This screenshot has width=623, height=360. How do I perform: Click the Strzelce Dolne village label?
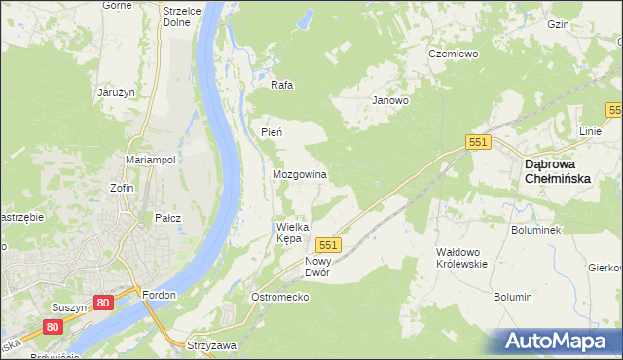pyautogui.click(x=182, y=17)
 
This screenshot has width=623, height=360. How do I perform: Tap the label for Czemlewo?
pyautogui.click(x=454, y=54)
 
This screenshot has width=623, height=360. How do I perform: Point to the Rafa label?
pyautogui.click(x=282, y=85)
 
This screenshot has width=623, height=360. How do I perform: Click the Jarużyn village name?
pyautogui.click(x=114, y=92)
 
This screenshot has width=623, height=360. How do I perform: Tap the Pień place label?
pyautogui.click(x=272, y=132)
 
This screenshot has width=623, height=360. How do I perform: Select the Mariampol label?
pyautogui.click(x=150, y=160)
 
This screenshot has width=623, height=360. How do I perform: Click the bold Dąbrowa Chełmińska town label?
pyautogui.click(x=560, y=170)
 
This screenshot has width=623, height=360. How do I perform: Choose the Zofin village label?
pyautogui.click(x=122, y=188)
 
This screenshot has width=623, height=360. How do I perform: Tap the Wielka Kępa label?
pyautogui.click(x=294, y=232)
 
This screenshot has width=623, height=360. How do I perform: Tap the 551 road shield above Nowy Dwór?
pyautogui.click(x=328, y=245)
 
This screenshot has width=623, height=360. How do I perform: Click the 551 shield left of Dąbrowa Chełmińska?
pyautogui.click(x=477, y=142)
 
